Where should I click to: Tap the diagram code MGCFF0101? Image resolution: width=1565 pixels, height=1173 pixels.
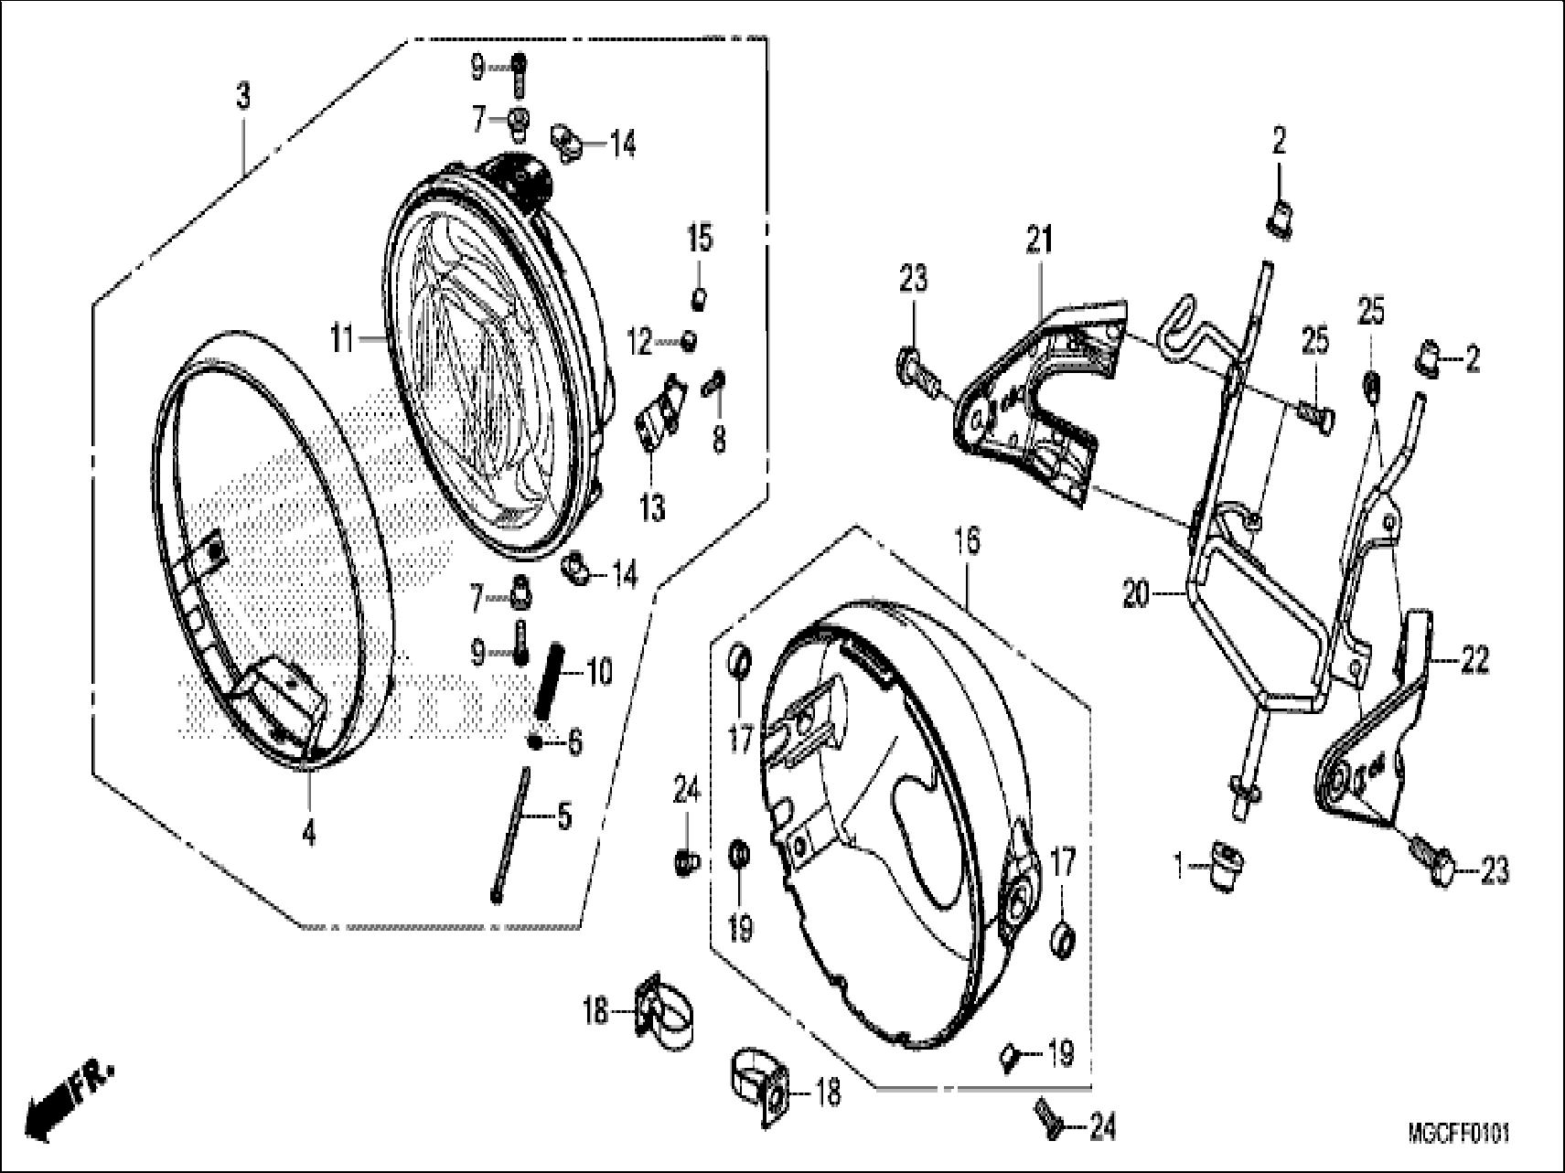(x=1458, y=1134)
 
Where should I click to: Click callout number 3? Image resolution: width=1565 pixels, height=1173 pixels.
(x=243, y=96)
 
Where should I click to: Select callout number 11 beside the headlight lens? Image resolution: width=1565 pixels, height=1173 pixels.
(x=342, y=341)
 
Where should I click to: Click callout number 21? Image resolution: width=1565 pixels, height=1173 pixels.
(x=1038, y=241)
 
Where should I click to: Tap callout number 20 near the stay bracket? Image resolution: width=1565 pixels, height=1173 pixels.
(x=1139, y=597)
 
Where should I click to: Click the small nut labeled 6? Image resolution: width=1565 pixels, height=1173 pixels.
(x=534, y=741)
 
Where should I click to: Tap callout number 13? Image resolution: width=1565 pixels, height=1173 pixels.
(x=652, y=507)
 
